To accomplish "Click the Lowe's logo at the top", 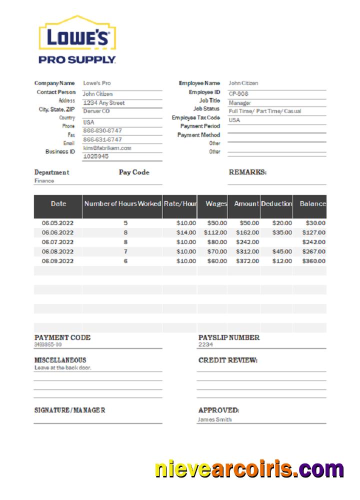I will pos(77,39).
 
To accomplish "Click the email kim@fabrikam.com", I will pos(107,148).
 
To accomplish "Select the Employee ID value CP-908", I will pos(238,93).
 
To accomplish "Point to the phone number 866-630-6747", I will pos(102,130).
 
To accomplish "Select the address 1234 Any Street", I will pos(103,103).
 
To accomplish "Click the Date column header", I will pos(58,204).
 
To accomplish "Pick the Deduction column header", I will pos(276,204).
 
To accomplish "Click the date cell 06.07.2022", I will pos(57,242).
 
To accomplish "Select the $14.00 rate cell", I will pos(186,232).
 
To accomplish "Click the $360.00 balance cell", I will pos(313,261).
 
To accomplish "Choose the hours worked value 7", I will pos(125,251).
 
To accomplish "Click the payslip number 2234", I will pos(205,344).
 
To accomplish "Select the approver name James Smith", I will pos(214,419).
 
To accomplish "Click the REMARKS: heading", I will pos(247,172).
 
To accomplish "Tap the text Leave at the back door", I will pos(62,367).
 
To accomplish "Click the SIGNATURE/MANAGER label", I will pos(69,410).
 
